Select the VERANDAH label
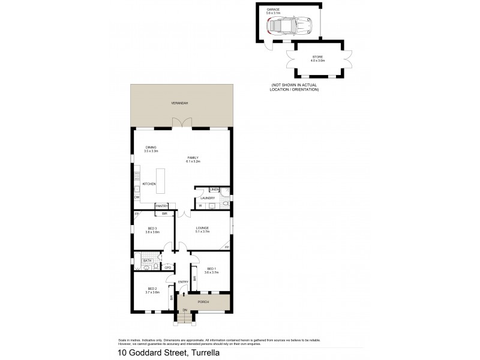[179, 103]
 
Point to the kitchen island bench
[161, 181]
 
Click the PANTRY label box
[161, 206]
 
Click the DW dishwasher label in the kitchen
[137, 197]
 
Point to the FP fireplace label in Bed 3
[137, 214]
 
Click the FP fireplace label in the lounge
[227, 247]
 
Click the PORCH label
[203, 302]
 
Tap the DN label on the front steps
[185, 310]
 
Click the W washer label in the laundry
[200, 205]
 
